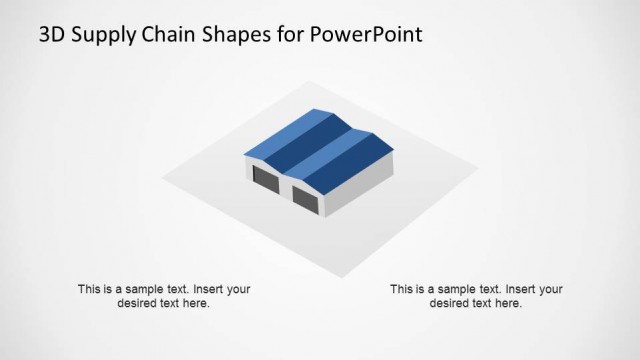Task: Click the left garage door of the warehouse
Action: point(265,181)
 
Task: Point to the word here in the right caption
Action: point(508,303)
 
